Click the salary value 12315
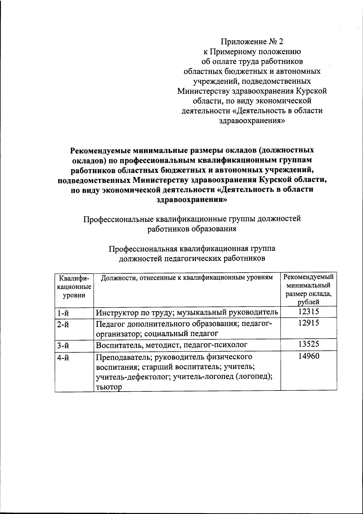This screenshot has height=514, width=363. coord(308,312)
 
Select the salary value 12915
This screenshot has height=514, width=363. coord(308,323)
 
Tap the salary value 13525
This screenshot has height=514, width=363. coord(308,344)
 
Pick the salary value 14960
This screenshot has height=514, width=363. coord(308,357)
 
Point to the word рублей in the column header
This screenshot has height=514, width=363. coord(308,302)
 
